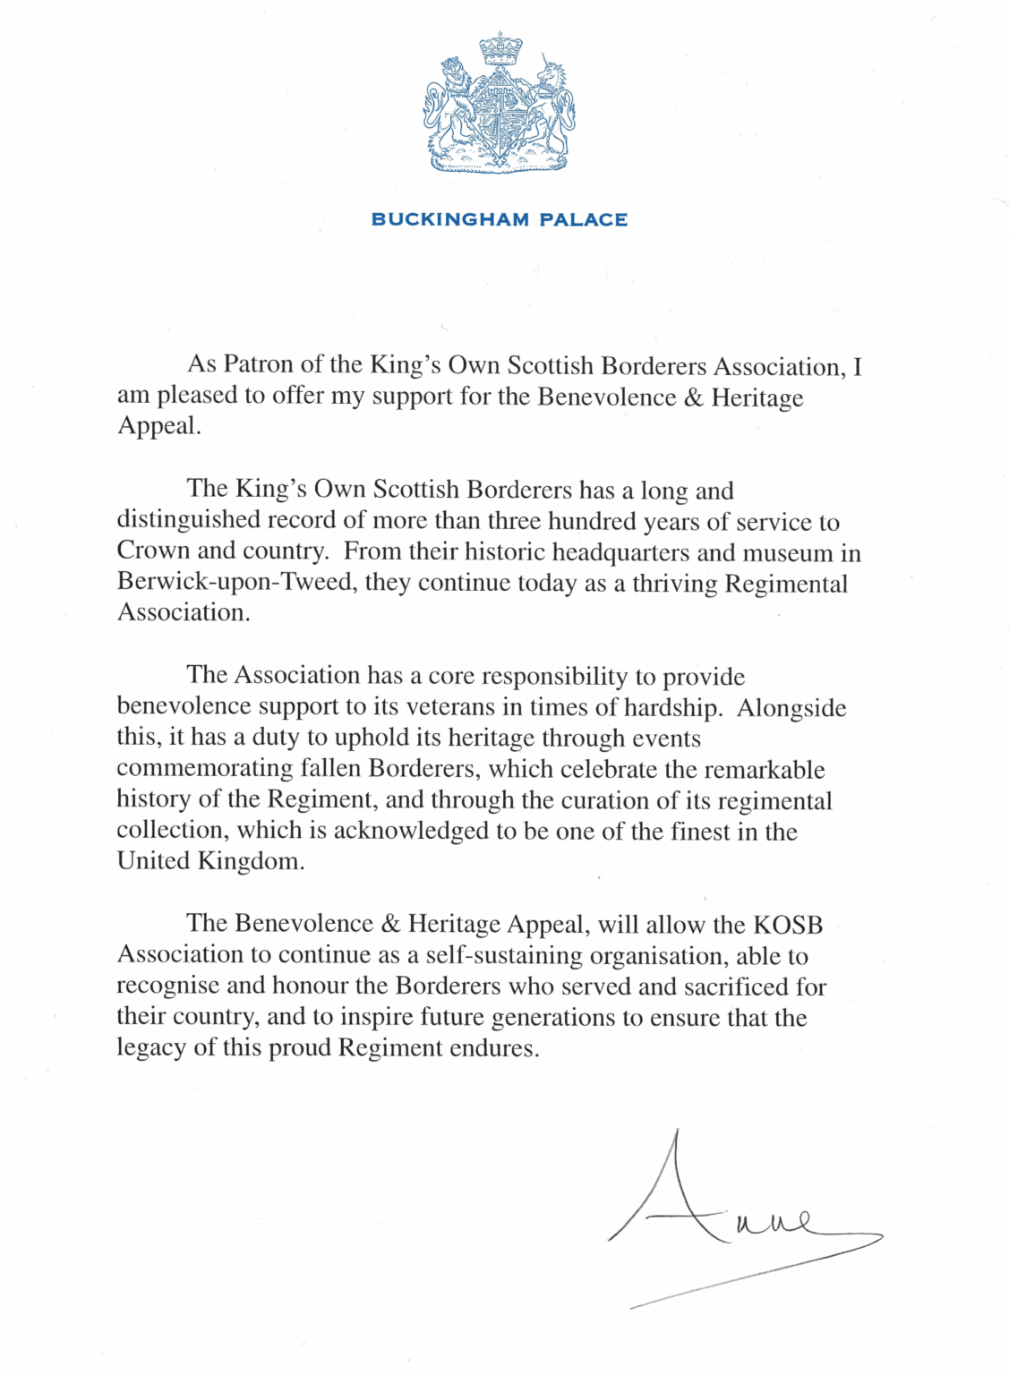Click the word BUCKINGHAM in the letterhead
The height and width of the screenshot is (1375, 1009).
449,219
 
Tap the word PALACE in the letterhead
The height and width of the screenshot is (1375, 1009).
583,219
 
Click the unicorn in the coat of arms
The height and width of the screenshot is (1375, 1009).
550,103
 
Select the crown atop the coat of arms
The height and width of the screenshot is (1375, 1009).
500,48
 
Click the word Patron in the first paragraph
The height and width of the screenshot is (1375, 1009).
258,364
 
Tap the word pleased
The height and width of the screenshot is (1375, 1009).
201,396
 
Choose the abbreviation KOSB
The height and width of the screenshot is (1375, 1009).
787,924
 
